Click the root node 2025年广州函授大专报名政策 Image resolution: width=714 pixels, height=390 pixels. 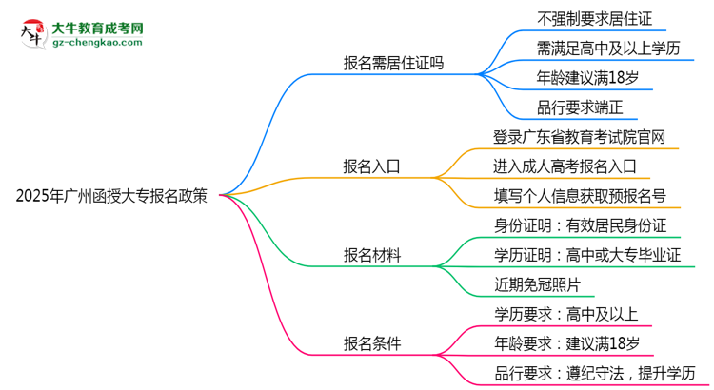click(111, 197)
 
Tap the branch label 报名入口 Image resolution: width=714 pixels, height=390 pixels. click(371, 165)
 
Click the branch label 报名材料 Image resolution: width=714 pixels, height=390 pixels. click(371, 255)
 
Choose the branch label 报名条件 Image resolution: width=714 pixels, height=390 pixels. click(371, 343)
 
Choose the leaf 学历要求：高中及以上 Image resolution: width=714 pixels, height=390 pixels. click(565, 314)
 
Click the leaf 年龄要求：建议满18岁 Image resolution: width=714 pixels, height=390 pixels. click(565, 343)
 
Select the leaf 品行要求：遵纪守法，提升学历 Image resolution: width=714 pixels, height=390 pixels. click(594, 373)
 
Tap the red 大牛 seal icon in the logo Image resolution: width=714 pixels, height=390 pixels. click(31, 34)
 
